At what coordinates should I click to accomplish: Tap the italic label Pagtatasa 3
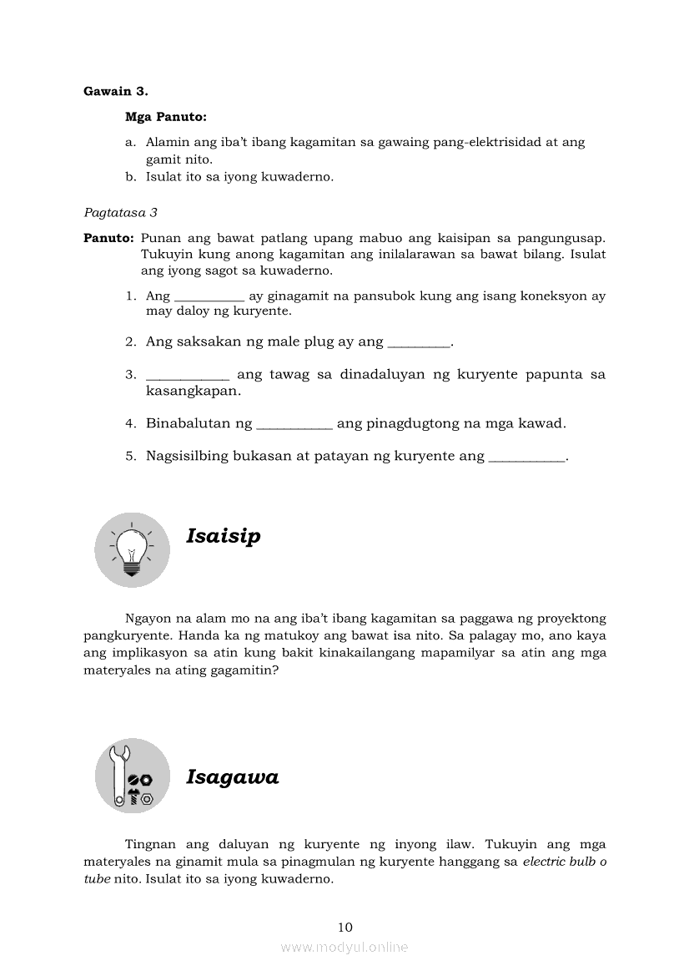(x=120, y=213)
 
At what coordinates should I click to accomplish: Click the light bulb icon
(x=132, y=549)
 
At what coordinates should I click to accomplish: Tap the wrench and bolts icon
(x=132, y=776)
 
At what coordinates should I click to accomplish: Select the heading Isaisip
(x=223, y=536)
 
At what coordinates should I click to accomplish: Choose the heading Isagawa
(x=232, y=777)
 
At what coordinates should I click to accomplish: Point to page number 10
(x=345, y=927)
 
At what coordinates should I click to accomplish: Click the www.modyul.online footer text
(x=344, y=947)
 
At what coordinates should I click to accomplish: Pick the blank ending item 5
(x=526, y=458)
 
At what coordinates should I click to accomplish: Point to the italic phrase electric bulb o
(x=564, y=862)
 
